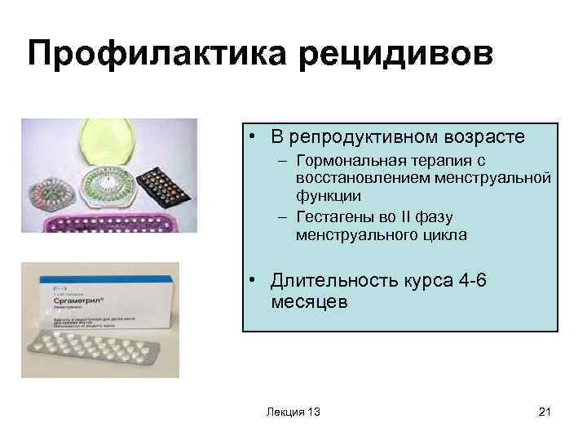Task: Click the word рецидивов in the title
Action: click(x=407, y=55)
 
